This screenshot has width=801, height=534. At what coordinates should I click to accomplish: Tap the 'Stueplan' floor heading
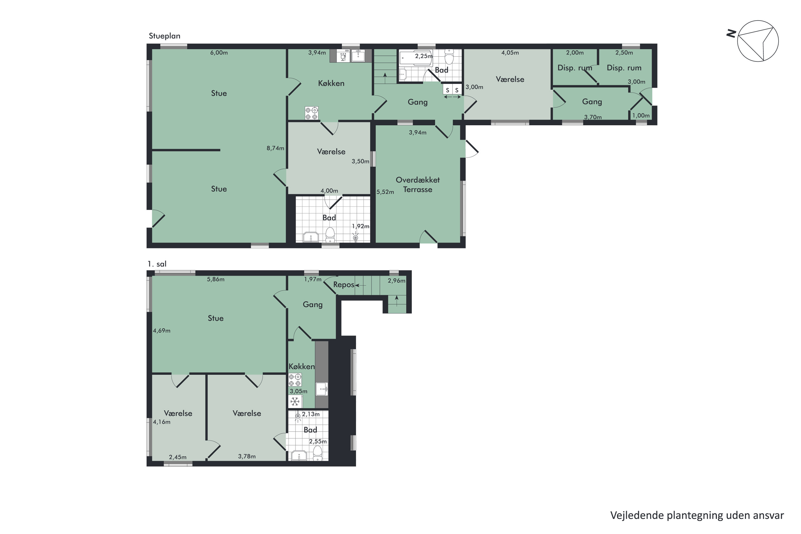click(164, 36)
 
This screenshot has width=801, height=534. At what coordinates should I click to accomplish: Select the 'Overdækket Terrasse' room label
click(418, 184)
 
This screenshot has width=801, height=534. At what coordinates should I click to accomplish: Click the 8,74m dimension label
click(275, 148)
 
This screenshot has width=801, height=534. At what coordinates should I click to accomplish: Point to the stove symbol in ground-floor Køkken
click(311, 113)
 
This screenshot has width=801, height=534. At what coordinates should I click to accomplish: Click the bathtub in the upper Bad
click(415, 58)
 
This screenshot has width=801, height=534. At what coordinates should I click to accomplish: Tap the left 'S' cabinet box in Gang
click(447, 90)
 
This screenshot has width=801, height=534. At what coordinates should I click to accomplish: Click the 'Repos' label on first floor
click(344, 285)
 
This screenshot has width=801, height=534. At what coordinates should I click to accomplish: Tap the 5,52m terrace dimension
click(385, 192)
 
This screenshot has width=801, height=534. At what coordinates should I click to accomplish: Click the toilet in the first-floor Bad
click(317, 453)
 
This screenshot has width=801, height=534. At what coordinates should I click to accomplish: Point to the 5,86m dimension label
click(215, 279)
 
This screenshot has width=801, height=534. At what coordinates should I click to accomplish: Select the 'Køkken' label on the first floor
click(301, 366)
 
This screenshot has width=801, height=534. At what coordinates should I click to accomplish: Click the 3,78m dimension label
click(247, 456)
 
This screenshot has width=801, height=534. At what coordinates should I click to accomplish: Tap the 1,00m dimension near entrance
click(641, 115)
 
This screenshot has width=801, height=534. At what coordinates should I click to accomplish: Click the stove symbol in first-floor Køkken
click(295, 380)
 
